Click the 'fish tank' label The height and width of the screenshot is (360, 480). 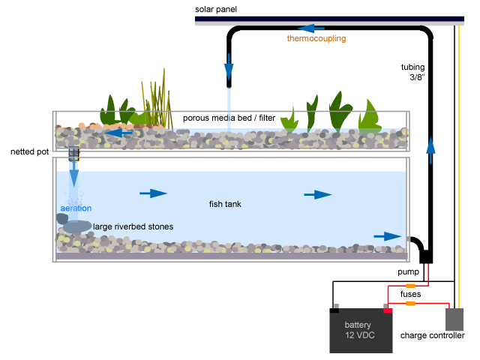(x=225, y=204)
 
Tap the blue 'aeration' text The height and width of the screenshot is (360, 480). (x=76, y=208)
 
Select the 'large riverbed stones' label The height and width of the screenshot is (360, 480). (x=133, y=226)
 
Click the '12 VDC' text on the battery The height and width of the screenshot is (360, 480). (x=360, y=335)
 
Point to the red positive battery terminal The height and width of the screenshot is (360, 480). (x=388, y=309)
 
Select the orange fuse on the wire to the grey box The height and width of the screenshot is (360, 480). (x=410, y=303)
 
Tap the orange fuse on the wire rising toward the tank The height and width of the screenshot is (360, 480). (x=410, y=286)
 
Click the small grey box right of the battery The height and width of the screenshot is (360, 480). (x=454, y=319)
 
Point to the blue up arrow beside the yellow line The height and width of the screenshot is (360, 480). (x=430, y=149)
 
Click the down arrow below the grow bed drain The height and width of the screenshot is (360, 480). (x=73, y=176)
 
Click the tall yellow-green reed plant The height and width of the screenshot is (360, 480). (x=157, y=101)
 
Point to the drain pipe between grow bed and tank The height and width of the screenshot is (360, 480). (x=73, y=154)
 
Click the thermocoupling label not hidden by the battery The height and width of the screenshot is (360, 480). (x=316, y=38)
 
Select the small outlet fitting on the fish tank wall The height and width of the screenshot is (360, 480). (x=408, y=238)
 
